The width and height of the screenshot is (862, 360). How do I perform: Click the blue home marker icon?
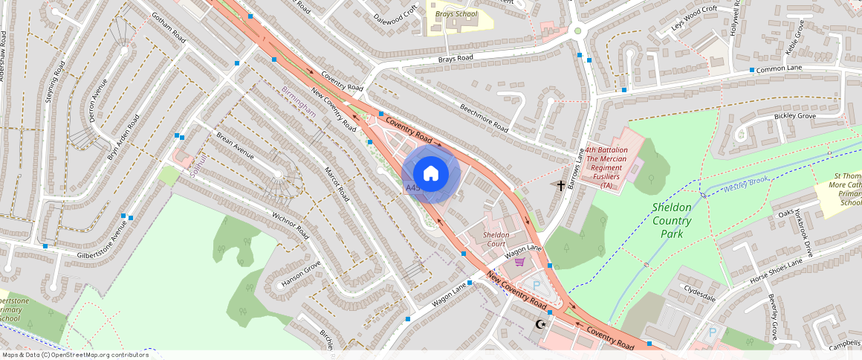(431, 174)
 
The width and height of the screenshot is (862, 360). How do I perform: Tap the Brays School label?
(456, 14)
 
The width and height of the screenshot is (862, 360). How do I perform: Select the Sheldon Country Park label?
(672, 220)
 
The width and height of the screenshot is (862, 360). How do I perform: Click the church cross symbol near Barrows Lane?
(561, 184)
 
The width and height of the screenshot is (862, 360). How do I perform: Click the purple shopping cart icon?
(519, 261)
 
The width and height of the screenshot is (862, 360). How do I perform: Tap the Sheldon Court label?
(495, 240)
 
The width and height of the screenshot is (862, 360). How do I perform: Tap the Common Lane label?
(780, 68)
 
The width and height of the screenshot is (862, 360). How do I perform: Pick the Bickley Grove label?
(795, 116)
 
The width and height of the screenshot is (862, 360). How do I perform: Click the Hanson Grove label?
(302, 274)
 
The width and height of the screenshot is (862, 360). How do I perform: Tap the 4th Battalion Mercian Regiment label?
(607, 167)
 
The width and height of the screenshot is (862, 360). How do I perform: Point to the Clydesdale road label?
(700, 297)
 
